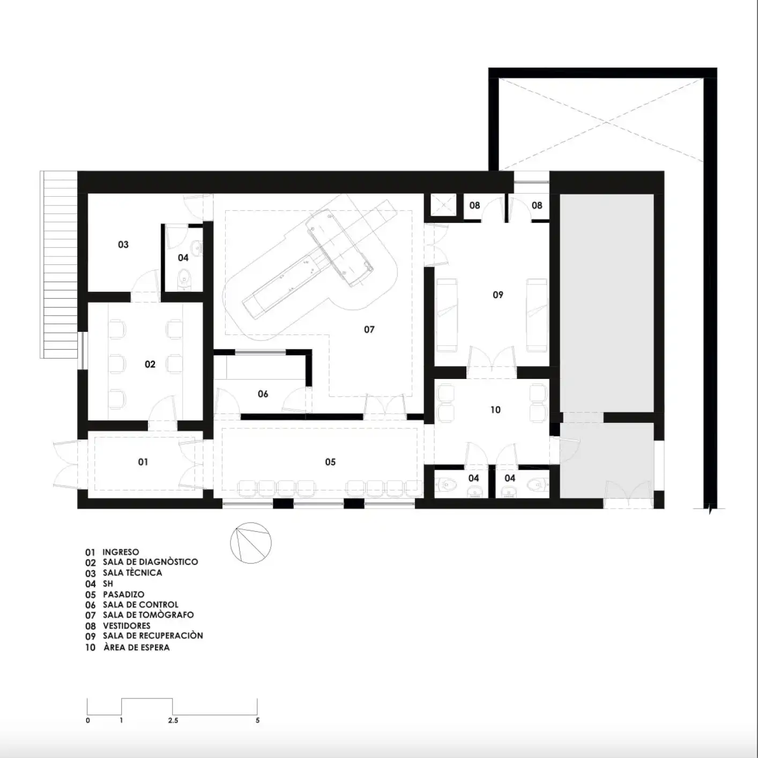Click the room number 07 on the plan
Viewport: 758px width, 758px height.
(369, 330)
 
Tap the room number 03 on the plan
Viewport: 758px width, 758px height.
(123, 244)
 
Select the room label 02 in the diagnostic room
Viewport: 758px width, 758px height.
(150, 364)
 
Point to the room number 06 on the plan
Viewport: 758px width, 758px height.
(263, 394)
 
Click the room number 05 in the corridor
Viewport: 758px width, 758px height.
(330, 462)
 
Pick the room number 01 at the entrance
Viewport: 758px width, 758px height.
(143, 462)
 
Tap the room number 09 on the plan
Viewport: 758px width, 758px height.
(498, 295)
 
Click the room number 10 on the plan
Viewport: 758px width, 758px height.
(495, 410)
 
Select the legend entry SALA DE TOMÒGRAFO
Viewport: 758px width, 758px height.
(148, 615)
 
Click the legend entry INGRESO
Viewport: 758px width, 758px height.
(121, 552)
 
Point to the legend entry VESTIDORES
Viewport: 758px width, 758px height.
(127, 626)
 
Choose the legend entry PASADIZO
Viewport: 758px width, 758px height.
(123, 594)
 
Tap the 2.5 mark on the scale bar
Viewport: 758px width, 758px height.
(173, 720)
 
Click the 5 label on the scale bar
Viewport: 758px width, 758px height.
(258, 720)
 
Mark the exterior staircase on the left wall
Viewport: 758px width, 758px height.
(58, 264)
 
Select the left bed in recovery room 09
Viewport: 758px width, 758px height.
(447, 315)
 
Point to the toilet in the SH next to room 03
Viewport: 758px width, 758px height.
(183, 280)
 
